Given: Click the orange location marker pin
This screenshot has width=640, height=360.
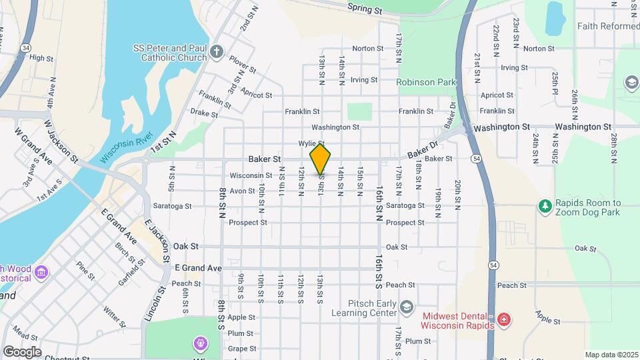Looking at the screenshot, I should (321, 159).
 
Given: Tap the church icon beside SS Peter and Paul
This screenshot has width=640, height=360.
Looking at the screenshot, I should (216, 52).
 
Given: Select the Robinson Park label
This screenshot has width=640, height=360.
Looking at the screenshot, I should (425, 83).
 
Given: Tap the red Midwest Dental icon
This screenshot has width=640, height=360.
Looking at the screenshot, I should (504, 319).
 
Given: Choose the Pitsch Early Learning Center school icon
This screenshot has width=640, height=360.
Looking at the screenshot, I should (407, 306).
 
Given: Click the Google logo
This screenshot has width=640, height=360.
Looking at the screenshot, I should (22, 351).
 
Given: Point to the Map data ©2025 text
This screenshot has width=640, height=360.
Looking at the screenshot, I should (611, 355).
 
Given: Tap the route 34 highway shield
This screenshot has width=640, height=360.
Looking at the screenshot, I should (25, 48).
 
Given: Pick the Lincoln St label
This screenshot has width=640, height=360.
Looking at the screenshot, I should (155, 303).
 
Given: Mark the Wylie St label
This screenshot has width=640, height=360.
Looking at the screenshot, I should (311, 143).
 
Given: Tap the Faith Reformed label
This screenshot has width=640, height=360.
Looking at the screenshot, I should (608, 26).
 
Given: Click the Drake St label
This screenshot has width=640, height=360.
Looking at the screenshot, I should (204, 114).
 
